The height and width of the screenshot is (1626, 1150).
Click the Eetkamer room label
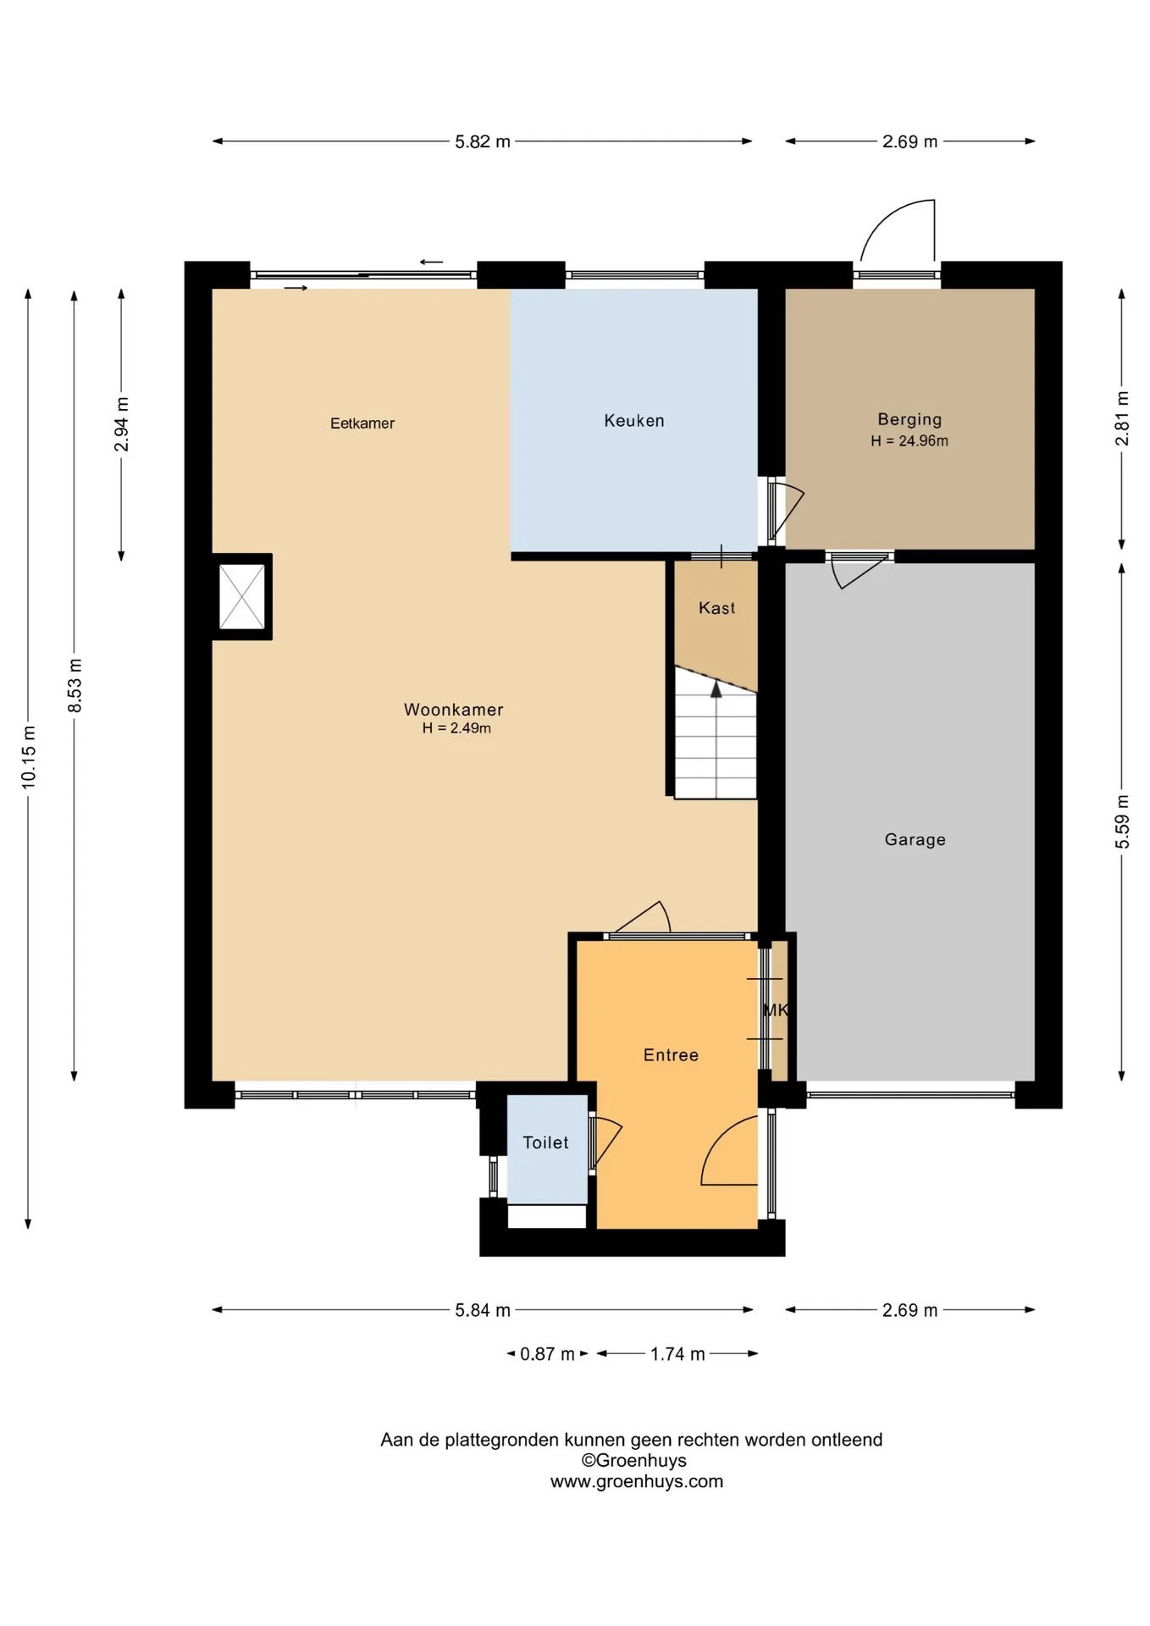[362, 423]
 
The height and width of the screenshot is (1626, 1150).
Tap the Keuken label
[634, 421]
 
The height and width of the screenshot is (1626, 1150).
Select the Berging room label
[909, 419]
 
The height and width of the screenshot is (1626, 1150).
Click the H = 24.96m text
[909, 440]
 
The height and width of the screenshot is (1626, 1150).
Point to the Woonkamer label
[454, 710]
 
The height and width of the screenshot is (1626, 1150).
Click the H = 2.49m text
[456, 728]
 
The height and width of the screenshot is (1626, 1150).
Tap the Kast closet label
[717, 608]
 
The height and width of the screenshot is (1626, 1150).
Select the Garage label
[915, 840]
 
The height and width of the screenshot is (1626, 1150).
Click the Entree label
[671, 1055]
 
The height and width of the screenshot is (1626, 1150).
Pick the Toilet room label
[546, 1143]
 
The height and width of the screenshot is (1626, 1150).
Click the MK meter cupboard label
[776, 1010]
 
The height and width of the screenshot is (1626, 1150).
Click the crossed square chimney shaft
[242, 597]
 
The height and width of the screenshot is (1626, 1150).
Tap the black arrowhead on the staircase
[716, 689]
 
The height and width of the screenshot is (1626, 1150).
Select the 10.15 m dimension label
[29, 757]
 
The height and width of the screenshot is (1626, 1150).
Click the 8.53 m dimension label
[75, 685]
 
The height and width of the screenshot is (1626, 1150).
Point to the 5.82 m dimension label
[483, 142]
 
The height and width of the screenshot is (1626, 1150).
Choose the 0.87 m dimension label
[547, 1354]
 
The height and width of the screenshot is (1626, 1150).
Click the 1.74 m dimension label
[677, 1354]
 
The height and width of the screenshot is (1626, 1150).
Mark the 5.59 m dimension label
[1123, 821]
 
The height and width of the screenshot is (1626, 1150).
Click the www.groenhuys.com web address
[637, 1481]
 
